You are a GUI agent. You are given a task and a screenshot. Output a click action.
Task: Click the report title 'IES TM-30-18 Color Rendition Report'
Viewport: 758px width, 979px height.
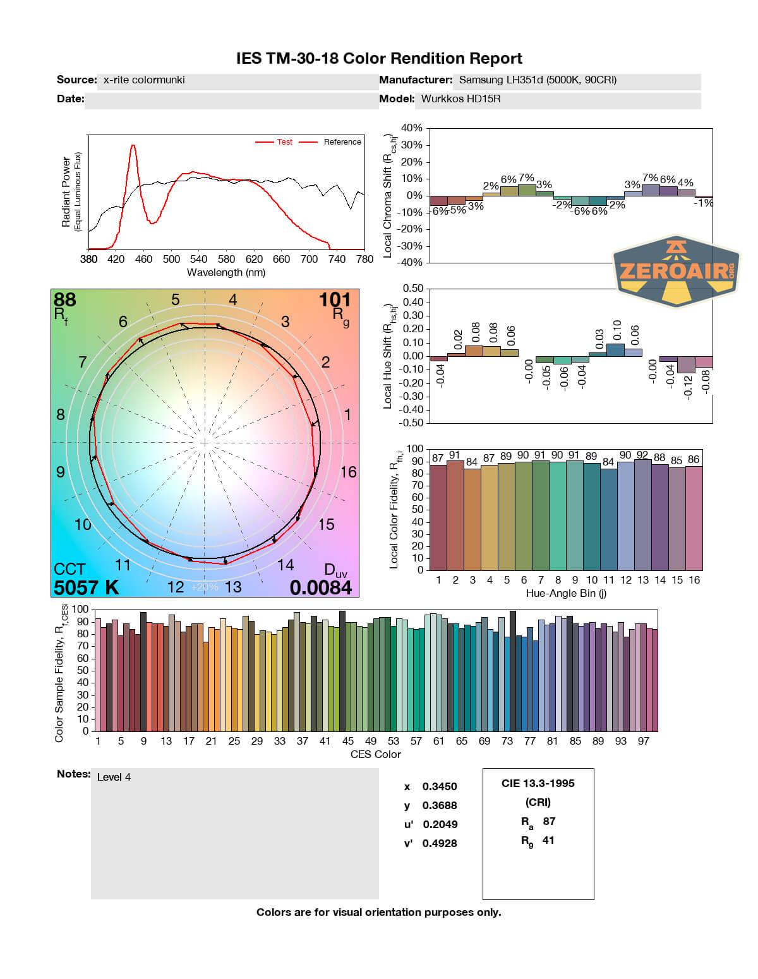[379, 59]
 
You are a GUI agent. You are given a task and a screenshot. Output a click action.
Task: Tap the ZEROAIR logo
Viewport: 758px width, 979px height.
[676, 272]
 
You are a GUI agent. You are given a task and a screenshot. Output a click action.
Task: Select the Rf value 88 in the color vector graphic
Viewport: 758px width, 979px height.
[64, 299]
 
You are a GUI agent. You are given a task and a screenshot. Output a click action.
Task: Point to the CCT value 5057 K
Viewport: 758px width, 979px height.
[86, 587]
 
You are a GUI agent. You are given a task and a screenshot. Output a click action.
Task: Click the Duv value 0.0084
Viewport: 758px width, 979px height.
[320, 587]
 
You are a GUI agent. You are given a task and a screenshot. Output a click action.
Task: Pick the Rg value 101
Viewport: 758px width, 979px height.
[334, 299]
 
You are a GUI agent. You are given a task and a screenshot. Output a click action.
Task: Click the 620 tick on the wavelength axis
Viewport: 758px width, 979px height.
[254, 259]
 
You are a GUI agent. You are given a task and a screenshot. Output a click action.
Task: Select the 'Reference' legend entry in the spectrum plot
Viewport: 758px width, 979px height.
[342, 142]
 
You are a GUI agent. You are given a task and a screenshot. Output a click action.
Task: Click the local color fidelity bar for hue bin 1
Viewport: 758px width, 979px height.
[438, 517]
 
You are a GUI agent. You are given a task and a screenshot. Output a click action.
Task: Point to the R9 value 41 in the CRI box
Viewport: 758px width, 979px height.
[548, 840]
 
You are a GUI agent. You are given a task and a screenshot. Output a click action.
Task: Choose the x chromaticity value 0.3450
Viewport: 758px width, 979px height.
[440, 786]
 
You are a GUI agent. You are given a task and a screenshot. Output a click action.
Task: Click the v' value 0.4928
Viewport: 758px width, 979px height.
[440, 843]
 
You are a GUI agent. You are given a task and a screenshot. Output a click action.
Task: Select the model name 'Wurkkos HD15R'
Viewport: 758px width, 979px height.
[460, 99]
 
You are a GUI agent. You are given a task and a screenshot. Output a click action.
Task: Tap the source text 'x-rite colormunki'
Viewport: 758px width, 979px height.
[144, 80]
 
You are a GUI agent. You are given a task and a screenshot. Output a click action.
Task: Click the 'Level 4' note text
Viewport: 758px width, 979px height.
[114, 777]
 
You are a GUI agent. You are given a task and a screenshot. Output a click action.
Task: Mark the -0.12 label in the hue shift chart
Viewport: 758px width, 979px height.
[689, 386]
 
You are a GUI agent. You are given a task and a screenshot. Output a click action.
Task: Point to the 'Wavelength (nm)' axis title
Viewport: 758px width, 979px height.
[226, 272]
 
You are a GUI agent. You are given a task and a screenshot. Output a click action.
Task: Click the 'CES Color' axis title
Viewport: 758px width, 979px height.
[376, 754]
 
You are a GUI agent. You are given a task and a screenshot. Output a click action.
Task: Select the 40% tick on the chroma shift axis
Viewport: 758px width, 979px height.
[412, 128]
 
